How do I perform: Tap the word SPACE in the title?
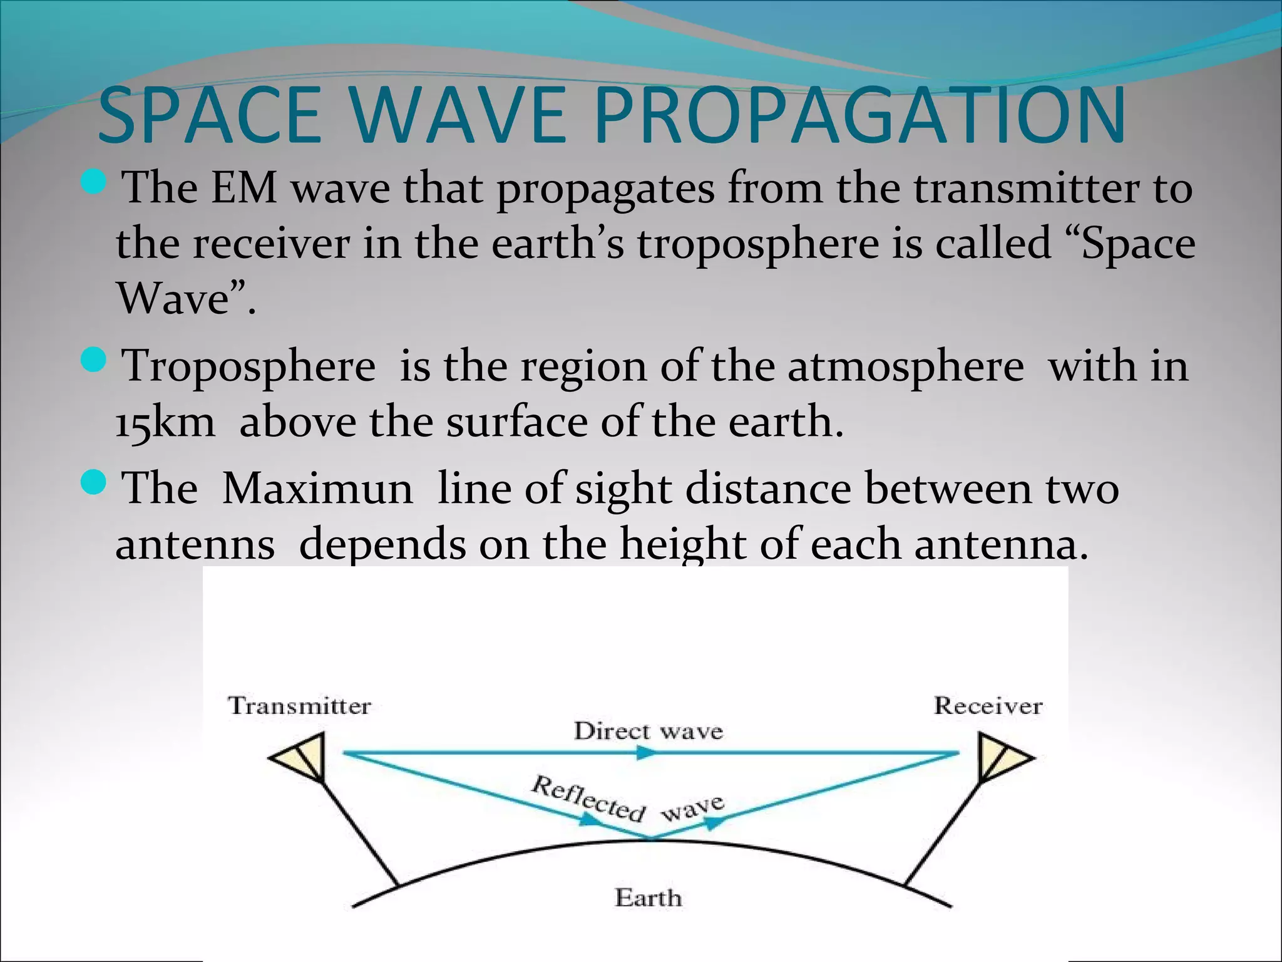pyautogui.click(x=210, y=116)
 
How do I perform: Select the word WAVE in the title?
pyautogui.click(x=458, y=116)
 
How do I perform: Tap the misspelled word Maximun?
pyautogui.click(x=317, y=489)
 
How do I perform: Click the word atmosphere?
pyautogui.click(x=905, y=366)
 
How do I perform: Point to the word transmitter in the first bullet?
pyautogui.click(x=1026, y=188)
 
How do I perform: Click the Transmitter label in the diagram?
pyautogui.click(x=299, y=706)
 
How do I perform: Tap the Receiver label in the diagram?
pyautogui.click(x=988, y=706)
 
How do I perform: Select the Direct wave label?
pyautogui.click(x=648, y=731)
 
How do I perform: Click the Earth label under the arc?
pyautogui.click(x=648, y=897)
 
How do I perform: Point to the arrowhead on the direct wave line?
pyautogui.click(x=645, y=753)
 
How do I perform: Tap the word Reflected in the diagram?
pyautogui.click(x=587, y=798)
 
